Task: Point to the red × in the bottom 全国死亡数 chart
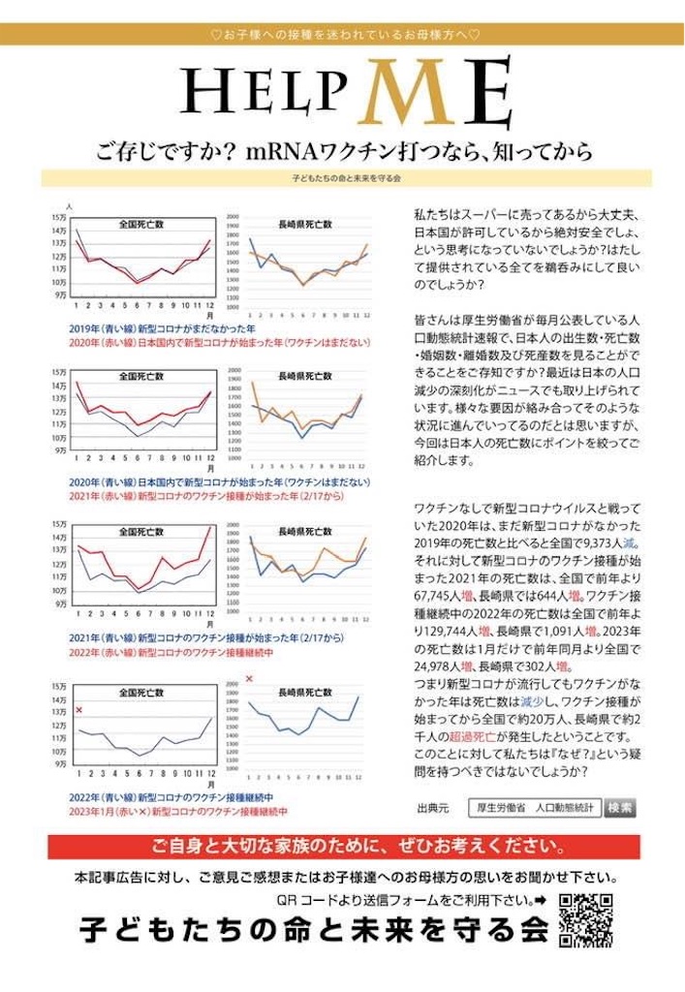[x=78, y=710]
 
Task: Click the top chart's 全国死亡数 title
[x=141, y=223]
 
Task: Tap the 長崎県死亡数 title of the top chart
[x=304, y=224]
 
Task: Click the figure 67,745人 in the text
[x=438, y=596]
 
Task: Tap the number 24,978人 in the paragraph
[x=438, y=666]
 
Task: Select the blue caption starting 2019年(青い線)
[x=149, y=328]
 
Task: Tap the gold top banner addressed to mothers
[x=342, y=35]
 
